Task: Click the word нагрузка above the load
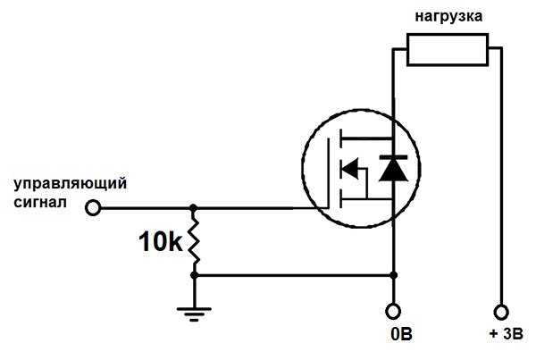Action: (448, 16)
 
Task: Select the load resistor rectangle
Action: (448, 49)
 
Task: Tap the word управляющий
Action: (70, 183)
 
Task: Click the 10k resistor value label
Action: (163, 241)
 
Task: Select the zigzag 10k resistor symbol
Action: (194, 241)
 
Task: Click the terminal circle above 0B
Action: (393, 311)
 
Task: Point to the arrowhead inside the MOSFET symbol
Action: (350, 167)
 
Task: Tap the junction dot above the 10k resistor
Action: (194, 208)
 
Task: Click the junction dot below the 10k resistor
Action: (194, 276)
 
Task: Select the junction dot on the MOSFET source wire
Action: (393, 276)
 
